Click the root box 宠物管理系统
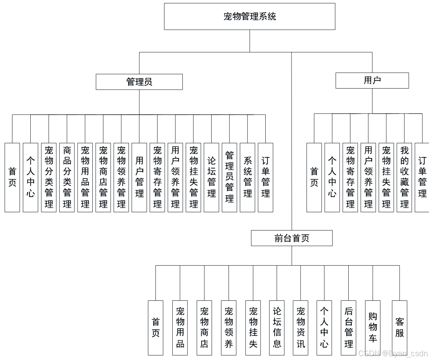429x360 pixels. pyautogui.click(x=249, y=17)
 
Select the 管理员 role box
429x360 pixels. pyautogui.click(x=139, y=82)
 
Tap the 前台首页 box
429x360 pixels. pyautogui.click(x=292, y=238)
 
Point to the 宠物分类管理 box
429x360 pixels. pyautogui.click(x=49, y=177)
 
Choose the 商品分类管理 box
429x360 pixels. pyautogui.click(x=67, y=177)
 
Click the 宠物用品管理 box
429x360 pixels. pyautogui.click(x=85, y=177)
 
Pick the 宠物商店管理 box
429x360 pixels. pyautogui.click(x=103, y=177)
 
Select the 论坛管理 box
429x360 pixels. pyautogui.click(x=211, y=177)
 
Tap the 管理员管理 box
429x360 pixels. pyautogui.click(x=229, y=177)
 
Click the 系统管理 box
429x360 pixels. pyautogui.click(x=247, y=177)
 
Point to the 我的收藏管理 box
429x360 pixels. pyautogui.click(x=404, y=177)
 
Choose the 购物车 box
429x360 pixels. pyautogui.click(x=373, y=327)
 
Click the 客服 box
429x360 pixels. pyautogui.click(x=399, y=327)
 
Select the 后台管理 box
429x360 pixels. pyautogui.click(x=348, y=327)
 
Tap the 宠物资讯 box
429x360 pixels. pyautogui.click(x=300, y=327)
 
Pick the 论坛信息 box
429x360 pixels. pyautogui.click(x=277, y=327)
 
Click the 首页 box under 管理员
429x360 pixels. pyautogui.click(x=12, y=177)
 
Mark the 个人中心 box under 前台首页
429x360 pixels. pyautogui.click(x=324, y=327)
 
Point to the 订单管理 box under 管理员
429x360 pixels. pyautogui.click(x=265, y=177)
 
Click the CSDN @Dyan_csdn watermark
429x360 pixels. pyautogui.click(x=393, y=353)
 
